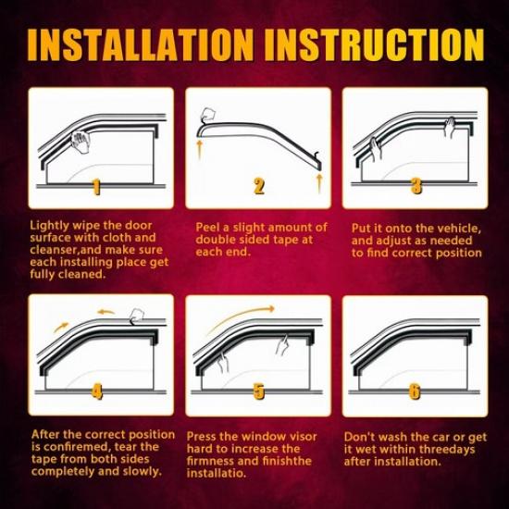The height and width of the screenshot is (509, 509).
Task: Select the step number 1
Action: (96, 187)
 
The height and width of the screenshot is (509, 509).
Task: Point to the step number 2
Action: (259, 187)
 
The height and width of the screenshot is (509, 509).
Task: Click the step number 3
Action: (416, 187)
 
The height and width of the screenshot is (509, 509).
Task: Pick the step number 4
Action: (96, 391)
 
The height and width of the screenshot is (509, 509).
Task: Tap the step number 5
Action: (259, 391)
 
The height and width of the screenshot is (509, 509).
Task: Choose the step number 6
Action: (416, 391)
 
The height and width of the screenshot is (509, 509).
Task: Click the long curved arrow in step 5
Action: (241, 317)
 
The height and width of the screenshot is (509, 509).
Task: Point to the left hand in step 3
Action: (377, 148)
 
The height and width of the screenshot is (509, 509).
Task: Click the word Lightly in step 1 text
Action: (49, 225)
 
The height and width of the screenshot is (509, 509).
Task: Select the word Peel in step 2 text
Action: (207, 228)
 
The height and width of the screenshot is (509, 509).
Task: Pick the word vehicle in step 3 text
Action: (458, 228)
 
